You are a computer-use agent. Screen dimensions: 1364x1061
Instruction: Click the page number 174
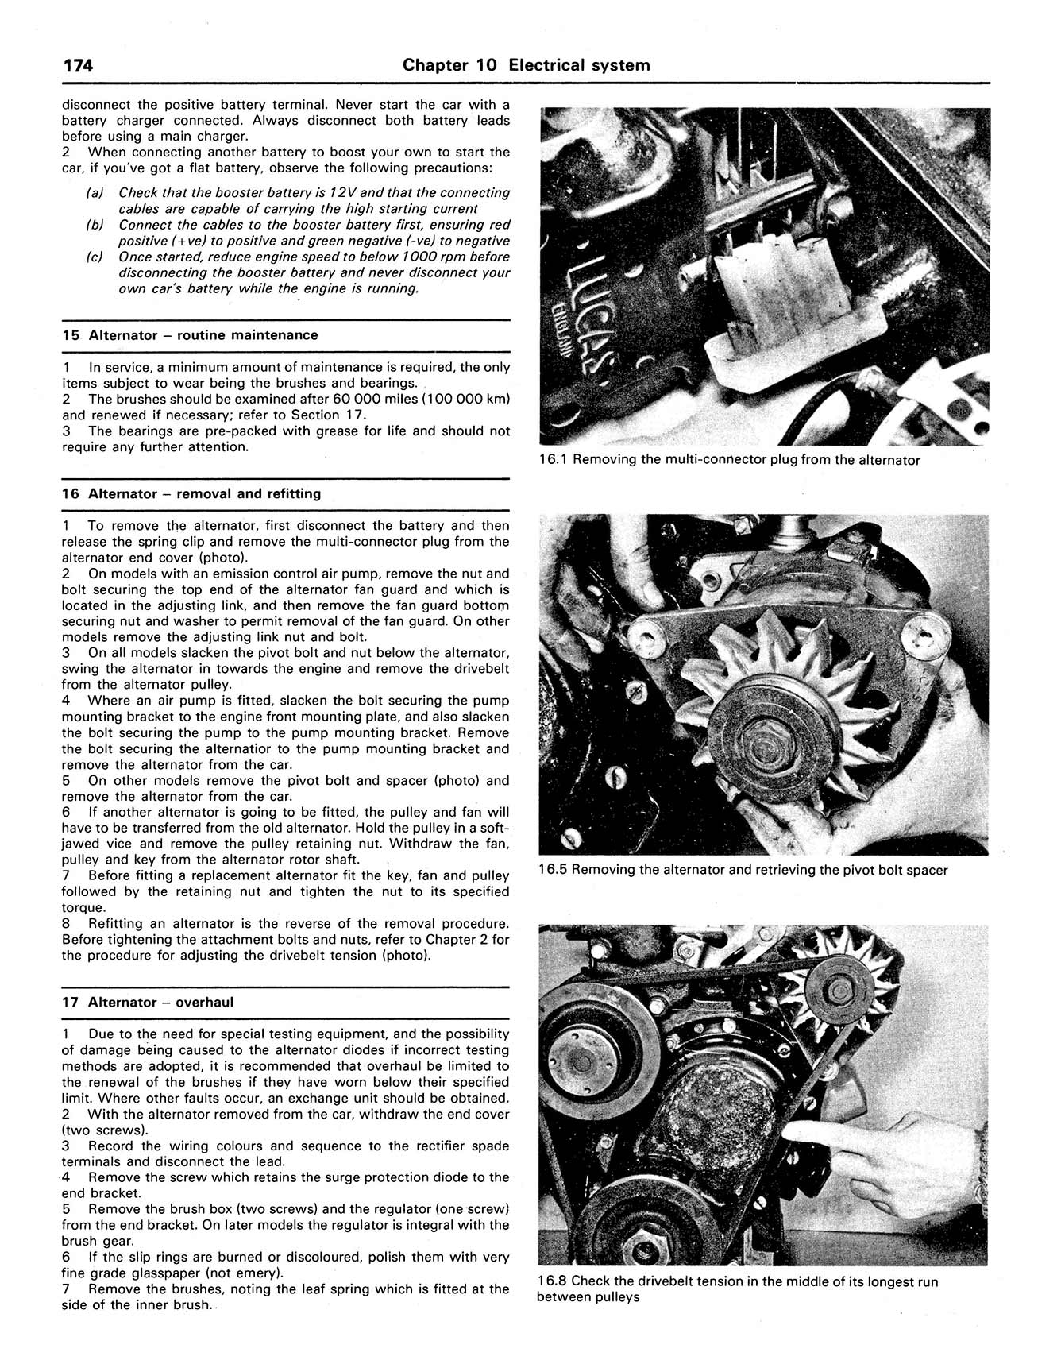(79, 65)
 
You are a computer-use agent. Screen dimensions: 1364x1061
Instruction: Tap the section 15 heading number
(71, 335)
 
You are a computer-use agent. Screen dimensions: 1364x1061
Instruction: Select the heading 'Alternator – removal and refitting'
(204, 493)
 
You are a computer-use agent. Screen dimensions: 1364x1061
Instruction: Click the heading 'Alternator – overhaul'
(160, 1002)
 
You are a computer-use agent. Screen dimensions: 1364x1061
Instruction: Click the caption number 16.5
(552, 870)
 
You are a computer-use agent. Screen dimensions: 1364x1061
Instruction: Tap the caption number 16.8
(552, 1281)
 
